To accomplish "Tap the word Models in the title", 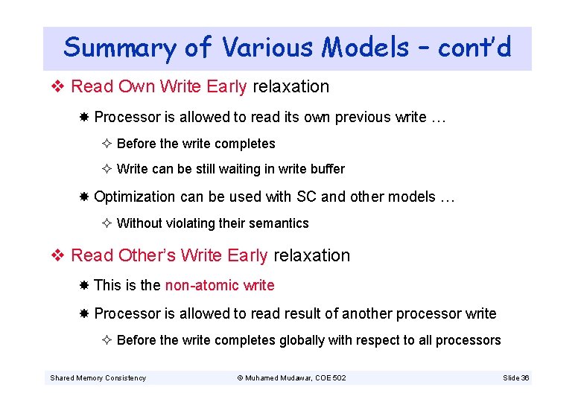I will (x=365, y=48).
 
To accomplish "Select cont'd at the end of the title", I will (x=474, y=48).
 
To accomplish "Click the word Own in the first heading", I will (x=136, y=86).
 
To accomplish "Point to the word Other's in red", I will (x=145, y=255).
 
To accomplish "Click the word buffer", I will (x=325, y=169).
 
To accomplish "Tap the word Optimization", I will (x=135, y=197).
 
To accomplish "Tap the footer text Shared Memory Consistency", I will (x=98, y=378).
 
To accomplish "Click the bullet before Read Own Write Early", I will (x=60, y=86).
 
